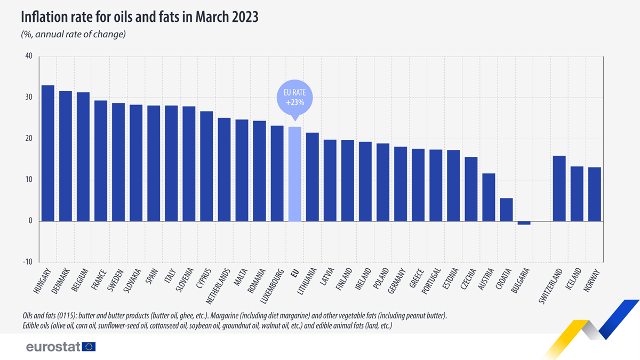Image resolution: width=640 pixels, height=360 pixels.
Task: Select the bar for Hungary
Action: click(48, 153)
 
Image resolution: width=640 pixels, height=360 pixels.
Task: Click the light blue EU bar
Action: click(294, 174)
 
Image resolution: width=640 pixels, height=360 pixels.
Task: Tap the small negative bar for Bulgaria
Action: click(524, 223)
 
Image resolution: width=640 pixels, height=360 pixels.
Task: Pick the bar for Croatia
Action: click(506, 210)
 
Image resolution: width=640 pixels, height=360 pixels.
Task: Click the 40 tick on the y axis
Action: click(29, 57)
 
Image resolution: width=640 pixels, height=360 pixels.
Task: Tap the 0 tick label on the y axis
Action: click(30, 221)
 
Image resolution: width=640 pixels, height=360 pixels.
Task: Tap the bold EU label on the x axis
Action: click(294, 274)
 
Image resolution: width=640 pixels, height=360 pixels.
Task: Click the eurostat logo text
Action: click(53, 347)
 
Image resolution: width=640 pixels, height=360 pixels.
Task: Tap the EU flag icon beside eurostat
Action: click(89, 347)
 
